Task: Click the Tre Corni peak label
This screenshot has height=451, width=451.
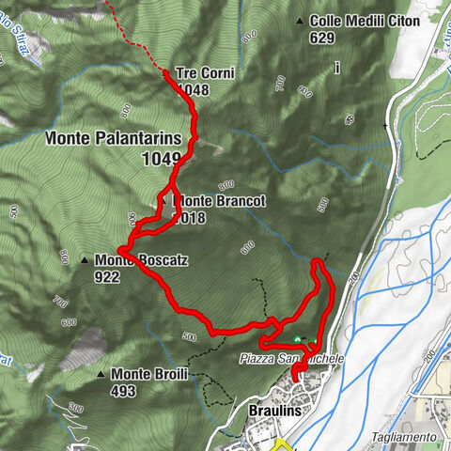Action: click(204, 73)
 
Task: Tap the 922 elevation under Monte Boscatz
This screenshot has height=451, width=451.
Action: click(106, 277)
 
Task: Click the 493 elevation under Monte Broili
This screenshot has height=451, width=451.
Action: click(124, 390)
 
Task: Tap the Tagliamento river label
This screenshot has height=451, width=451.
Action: click(402, 437)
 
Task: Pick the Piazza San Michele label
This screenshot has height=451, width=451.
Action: click(291, 359)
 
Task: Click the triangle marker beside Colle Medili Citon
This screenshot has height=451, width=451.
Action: click(300, 22)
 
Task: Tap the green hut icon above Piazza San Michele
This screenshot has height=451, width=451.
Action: click(299, 339)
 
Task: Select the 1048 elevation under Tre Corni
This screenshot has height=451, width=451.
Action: click(191, 89)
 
